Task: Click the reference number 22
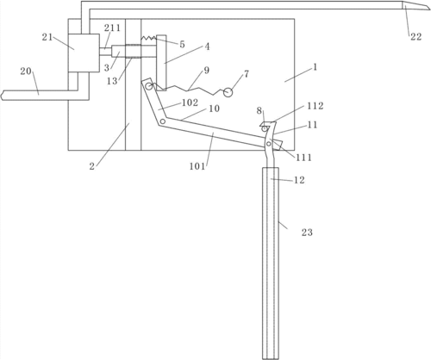point(415,37)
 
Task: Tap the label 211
point(112,28)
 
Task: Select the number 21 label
point(47,37)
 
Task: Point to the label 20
point(26,71)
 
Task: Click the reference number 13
point(112,81)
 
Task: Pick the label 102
point(190,102)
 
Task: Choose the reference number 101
point(197,166)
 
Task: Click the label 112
point(315,106)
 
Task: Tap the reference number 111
point(303,158)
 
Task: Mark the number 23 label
point(307,233)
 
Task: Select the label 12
point(299,180)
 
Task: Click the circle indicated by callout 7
point(228,92)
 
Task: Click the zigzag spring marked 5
point(148,38)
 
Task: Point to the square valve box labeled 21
point(84,53)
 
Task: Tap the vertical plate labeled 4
point(161,63)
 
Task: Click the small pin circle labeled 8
point(264,129)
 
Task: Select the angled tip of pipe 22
point(416,6)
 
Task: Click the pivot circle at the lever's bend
point(163,121)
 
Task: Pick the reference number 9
point(206,70)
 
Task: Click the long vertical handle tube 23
point(271,263)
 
